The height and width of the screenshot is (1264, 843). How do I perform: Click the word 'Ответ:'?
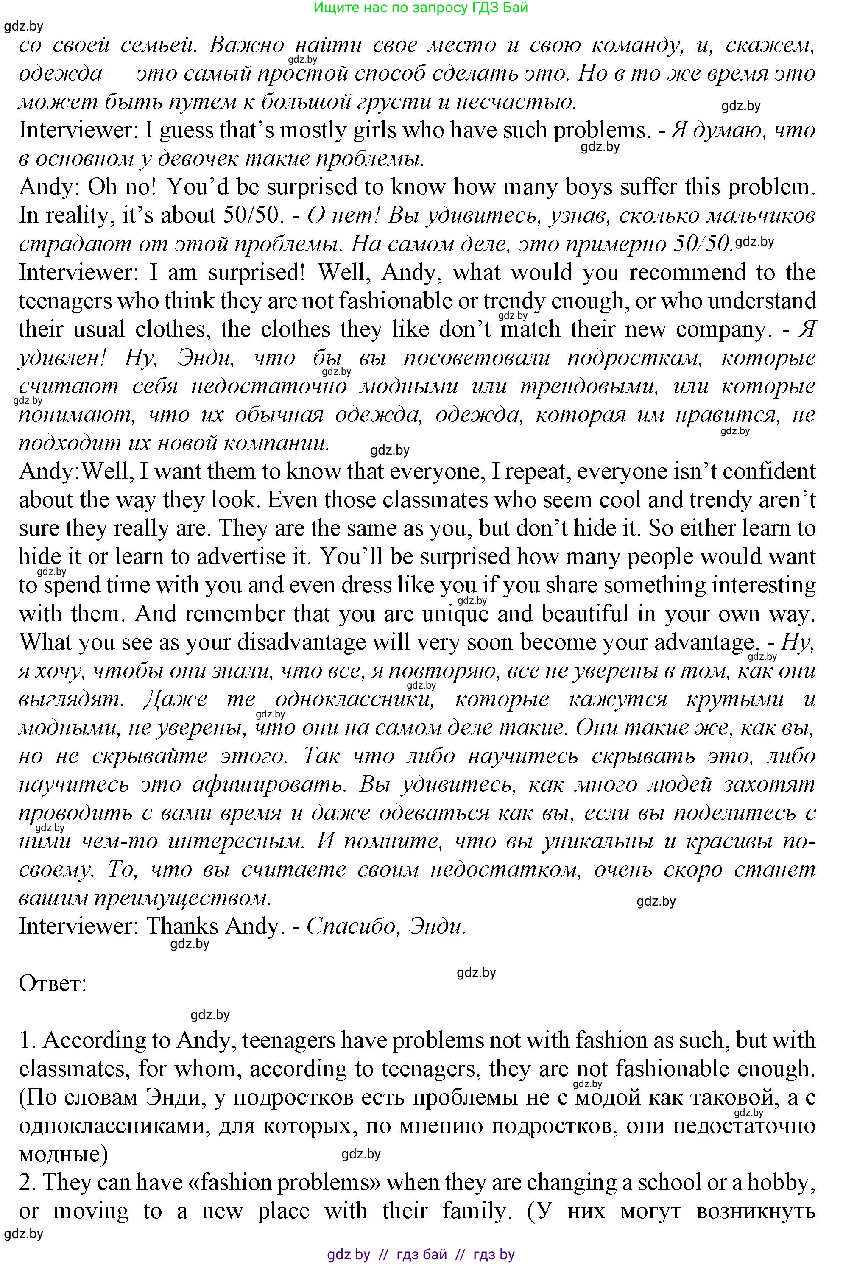(x=53, y=984)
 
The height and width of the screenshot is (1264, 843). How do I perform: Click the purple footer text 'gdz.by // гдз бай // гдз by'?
(x=421, y=1255)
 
